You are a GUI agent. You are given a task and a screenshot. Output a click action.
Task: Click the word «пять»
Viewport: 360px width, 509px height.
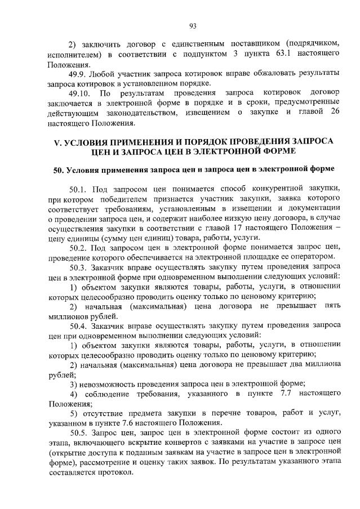tap(331, 306)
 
